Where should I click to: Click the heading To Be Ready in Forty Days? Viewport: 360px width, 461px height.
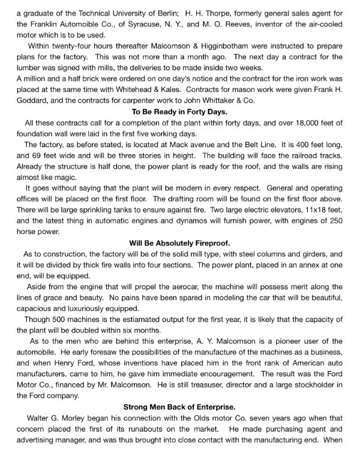pyautogui.click(x=179, y=111)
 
